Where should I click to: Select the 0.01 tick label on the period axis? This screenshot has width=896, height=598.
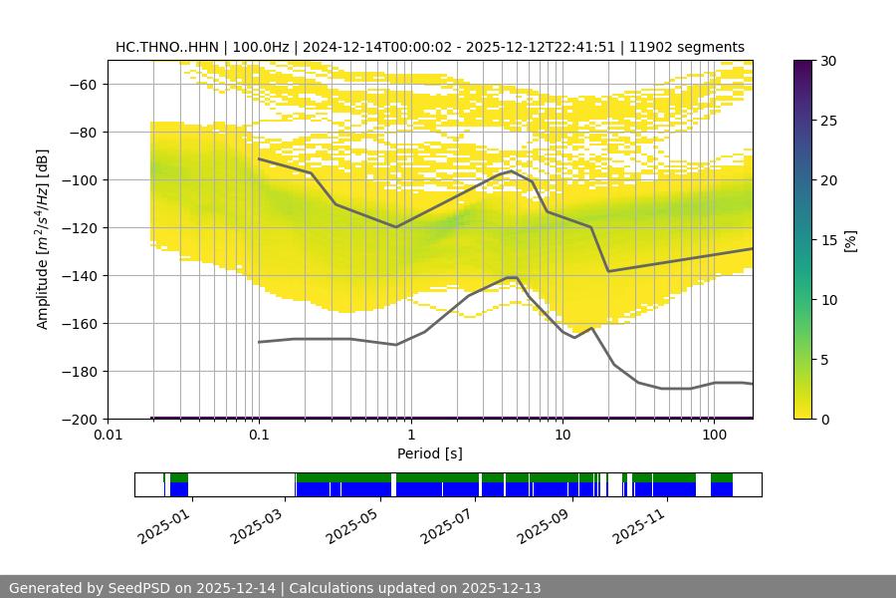pos(108,436)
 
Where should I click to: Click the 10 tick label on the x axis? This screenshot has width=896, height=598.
pos(562,436)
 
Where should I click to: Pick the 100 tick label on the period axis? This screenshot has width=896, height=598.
pos(714,436)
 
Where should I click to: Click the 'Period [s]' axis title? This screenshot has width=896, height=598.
pos(430,453)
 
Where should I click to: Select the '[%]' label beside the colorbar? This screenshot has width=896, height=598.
pos(849,239)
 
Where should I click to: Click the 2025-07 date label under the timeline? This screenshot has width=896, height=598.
pos(447,521)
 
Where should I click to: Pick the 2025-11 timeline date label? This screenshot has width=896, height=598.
pos(638,521)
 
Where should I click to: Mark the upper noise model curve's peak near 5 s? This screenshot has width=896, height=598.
pos(512,170)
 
